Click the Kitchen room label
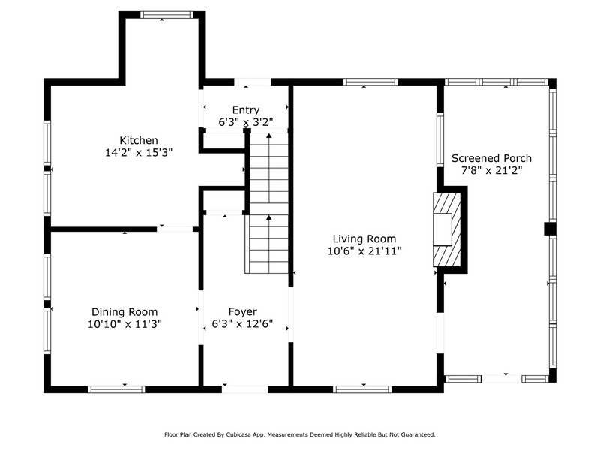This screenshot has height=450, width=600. [139, 140]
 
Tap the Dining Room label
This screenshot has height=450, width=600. [124, 312]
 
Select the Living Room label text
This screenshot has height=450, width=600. [364, 239]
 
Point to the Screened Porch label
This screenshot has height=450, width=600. [491, 158]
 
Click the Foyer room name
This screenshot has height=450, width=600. [242, 311]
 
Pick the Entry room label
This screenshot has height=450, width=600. [246, 110]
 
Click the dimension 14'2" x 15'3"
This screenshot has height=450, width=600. [139, 153]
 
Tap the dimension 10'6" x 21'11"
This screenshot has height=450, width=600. [364, 251]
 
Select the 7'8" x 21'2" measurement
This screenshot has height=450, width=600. [491, 171]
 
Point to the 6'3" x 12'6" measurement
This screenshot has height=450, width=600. [242, 324]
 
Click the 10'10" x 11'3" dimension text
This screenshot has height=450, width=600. [124, 324]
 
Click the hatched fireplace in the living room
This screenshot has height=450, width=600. [447, 229]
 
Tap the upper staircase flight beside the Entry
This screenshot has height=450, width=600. [269, 168]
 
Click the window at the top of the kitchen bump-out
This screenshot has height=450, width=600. [166, 15]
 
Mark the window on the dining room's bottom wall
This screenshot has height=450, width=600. [116, 389]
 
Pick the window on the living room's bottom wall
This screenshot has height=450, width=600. [362, 389]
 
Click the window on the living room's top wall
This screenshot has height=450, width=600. [370, 82]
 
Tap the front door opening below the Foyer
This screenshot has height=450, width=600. [245, 389]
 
